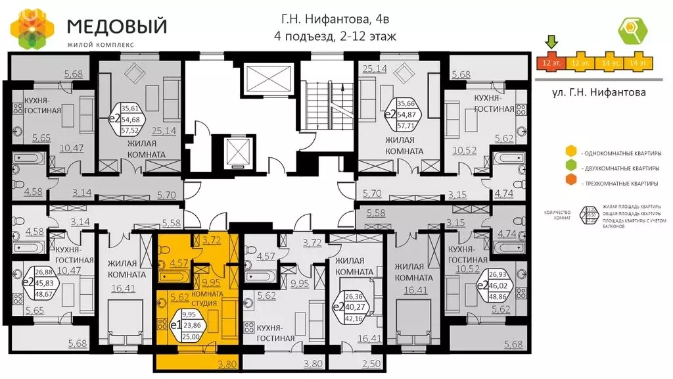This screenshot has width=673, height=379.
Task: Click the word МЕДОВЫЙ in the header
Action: [116, 26]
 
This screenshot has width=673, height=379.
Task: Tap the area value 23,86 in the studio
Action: [192, 325]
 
